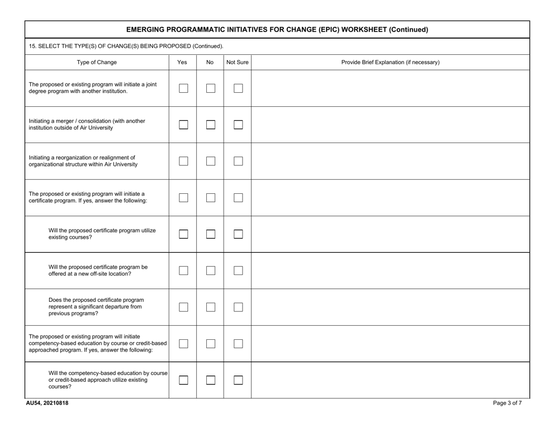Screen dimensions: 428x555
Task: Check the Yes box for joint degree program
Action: click(183, 89)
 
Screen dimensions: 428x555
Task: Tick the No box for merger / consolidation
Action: click(210, 125)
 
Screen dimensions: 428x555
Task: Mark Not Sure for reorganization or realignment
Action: click(238, 161)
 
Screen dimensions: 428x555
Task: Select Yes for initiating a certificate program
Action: click(183, 198)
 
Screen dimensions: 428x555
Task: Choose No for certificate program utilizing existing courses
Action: click(210, 234)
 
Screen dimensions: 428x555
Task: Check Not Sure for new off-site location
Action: click(238, 271)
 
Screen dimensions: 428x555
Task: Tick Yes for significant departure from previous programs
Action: click(183, 307)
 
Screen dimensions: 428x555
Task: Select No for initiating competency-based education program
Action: click(210, 343)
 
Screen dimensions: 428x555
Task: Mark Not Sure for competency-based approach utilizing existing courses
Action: click(238, 380)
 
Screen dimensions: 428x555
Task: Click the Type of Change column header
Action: click(96, 62)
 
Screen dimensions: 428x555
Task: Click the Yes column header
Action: click(182, 62)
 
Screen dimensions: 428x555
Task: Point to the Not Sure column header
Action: click(237, 62)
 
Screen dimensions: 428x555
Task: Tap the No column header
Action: click(210, 62)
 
